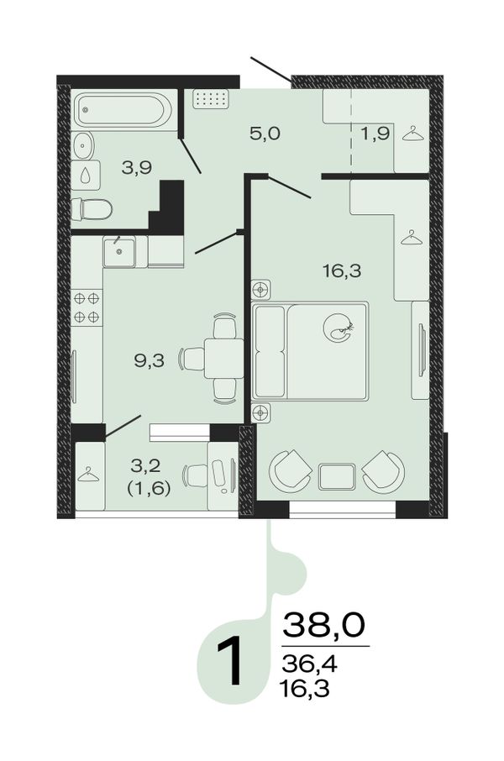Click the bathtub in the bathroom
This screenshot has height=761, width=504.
point(122,110)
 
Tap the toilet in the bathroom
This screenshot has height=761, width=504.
point(92,209)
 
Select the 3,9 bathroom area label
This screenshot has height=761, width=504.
point(137,168)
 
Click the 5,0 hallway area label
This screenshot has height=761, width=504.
point(265,133)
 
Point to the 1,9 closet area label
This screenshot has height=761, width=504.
point(375,133)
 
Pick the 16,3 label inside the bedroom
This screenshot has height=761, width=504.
point(342,270)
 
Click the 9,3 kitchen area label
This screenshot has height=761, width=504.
point(149,360)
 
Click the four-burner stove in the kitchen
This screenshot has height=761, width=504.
point(87,307)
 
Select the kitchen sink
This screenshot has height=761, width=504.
point(118,251)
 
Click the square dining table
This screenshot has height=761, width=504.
point(223,358)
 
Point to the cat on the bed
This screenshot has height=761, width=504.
point(339,328)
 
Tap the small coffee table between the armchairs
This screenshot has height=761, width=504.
point(337,476)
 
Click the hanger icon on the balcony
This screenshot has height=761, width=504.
point(88,475)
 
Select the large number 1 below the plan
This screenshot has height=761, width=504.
point(230,662)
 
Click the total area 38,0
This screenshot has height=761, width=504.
point(323,625)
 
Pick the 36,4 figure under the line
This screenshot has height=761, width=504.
point(309,663)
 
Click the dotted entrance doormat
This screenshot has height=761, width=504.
point(210,99)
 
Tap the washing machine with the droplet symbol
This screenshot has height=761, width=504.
point(86,176)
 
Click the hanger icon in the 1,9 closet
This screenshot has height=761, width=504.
point(412,134)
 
